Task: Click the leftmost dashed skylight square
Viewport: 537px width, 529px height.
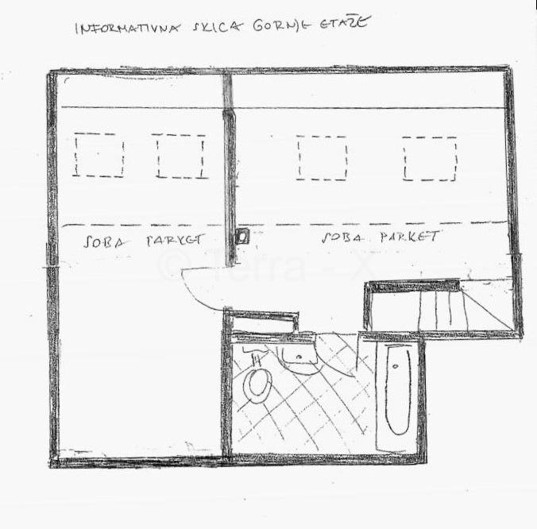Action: (x=99, y=156)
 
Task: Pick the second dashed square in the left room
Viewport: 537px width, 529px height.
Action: (x=180, y=156)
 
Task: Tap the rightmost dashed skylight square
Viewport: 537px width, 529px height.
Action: (x=430, y=158)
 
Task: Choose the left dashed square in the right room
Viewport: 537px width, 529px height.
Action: (x=322, y=157)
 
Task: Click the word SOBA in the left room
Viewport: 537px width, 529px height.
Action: (x=104, y=241)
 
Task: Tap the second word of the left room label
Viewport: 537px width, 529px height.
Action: (x=176, y=240)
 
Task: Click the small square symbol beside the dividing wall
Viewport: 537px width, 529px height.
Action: (x=242, y=235)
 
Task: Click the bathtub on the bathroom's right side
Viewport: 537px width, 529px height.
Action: (x=396, y=390)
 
